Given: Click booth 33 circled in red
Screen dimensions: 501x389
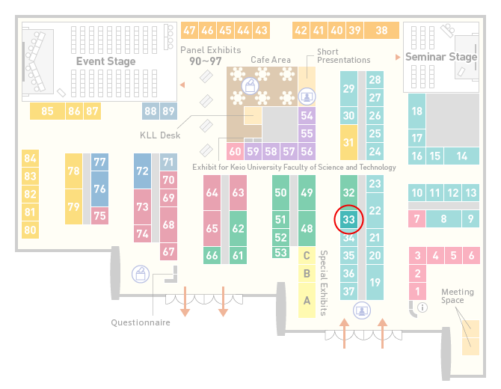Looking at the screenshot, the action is [x=348, y=220].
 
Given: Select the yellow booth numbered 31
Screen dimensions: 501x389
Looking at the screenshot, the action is [x=348, y=142].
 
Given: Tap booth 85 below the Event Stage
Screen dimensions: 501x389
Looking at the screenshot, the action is [x=47, y=111].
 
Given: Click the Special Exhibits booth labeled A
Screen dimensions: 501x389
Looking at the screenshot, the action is [x=307, y=300].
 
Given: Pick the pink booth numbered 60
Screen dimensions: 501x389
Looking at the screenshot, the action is [x=235, y=151].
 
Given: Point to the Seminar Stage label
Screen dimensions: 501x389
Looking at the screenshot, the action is [x=441, y=57].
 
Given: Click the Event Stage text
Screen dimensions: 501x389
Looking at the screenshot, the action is [x=105, y=61].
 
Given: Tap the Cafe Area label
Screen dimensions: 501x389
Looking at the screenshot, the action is [x=271, y=60].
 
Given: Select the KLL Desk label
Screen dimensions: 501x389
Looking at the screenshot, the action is [x=160, y=135].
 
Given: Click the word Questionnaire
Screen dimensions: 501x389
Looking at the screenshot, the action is [x=141, y=322].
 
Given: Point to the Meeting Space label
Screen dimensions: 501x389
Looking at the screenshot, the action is [x=457, y=296].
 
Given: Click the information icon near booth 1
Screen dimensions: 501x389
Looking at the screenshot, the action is [x=422, y=307].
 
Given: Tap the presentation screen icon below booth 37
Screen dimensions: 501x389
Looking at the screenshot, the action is [x=362, y=310].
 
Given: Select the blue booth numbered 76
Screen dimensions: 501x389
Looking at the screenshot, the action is [x=99, y=189].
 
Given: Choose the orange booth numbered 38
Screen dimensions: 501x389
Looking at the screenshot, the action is [x=382, y=31].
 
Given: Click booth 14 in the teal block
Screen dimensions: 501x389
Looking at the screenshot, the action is [x=461, y=156].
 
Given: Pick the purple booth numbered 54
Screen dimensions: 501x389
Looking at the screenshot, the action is [x=307, y=115].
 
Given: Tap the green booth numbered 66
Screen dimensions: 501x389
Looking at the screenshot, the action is [x=212, y=255].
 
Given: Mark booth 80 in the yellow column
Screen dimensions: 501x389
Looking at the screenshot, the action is [x=31, y=230].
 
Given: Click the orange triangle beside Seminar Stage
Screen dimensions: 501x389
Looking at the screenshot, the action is [x=398, y=57].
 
